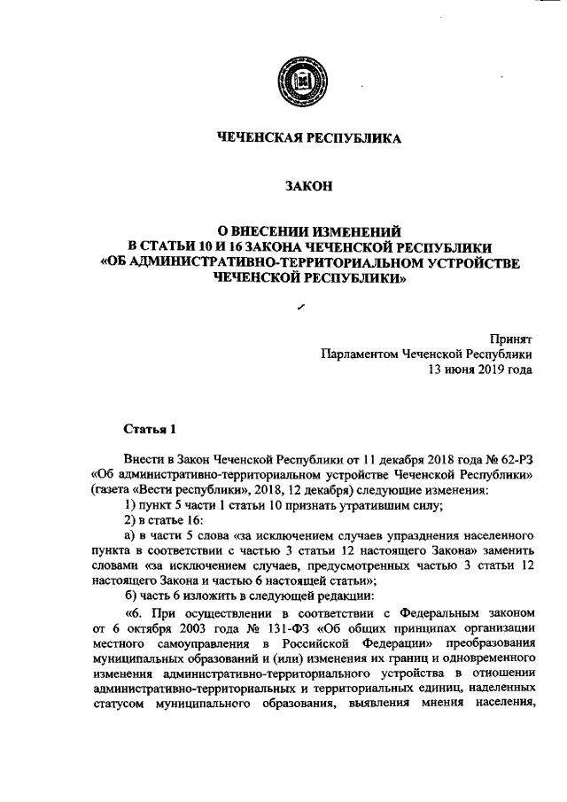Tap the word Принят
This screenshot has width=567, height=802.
[x=511, y=338]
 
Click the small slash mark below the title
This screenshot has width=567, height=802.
[x=302, y=305]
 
